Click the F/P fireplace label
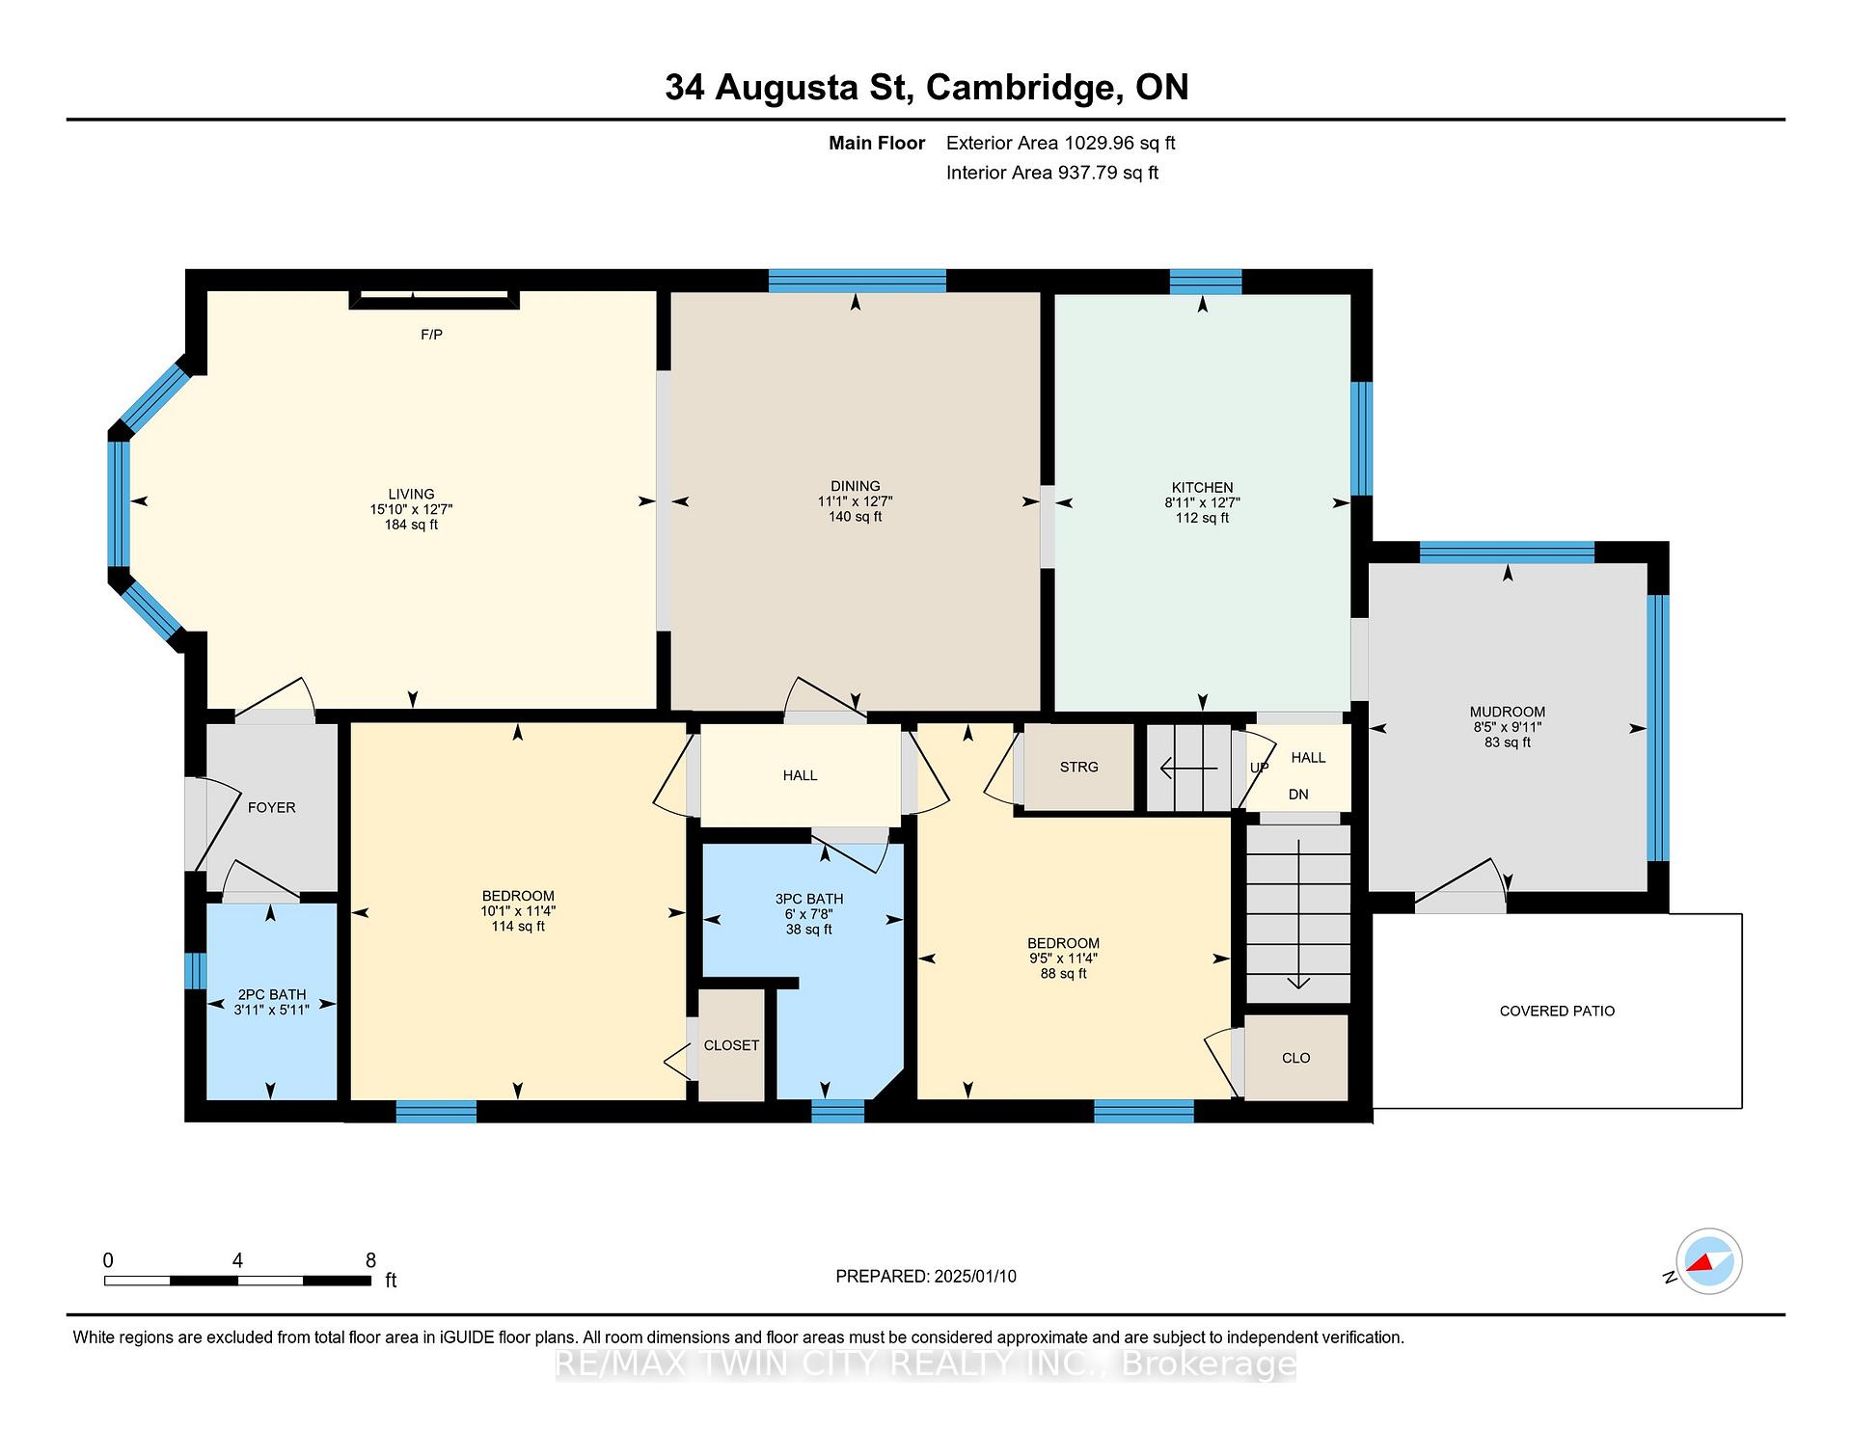pyautogui.click(x=431, y=335)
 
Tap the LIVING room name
pyautogui.click(x=411, y=494)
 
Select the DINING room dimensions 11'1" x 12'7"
pyautogui.click(x=856, y=501)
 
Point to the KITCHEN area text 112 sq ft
pyautogui.click(x=1202, y=518)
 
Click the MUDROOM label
pyautogui.click(x=1508, y=712)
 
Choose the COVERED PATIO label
pyautogui.click(x=1557, y=1011)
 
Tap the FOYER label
pyautogui.click(x=271, y=807)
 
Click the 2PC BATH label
pyautogui.click(x=272, y=994)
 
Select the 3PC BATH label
pyautogui.click(x=809, y=899)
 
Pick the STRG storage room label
pyautogui.click(x=1078, y=767)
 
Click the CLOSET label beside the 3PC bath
pyautogui.click(x=731, y=1045)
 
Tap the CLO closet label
pyautogui.click(x=1295, y=1058)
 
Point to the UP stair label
pyautogui.click(x=1259, y=768)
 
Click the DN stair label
pyautogui.click(x=1298, y=795)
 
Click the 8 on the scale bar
pyautogui.click(x=370, y=1259)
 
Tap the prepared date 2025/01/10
pyautogui.click(x=975, y=1276)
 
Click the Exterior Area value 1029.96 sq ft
pyautogui.click(x=1119, y=143)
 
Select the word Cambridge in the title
pyautogui.click(x=1024, y=88)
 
